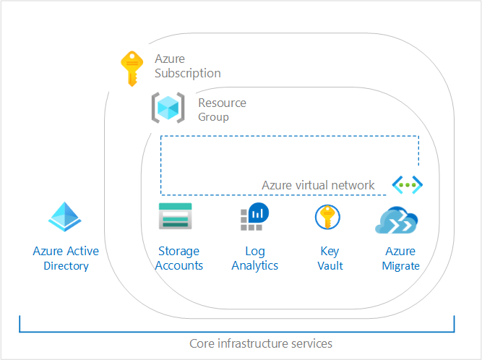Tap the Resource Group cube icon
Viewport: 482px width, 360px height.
[168, 108]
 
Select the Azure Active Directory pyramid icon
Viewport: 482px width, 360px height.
[66, 216]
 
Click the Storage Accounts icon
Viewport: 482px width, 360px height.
[175, 217]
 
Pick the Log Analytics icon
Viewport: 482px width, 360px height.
[254, 218]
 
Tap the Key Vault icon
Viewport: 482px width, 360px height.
[327, 218]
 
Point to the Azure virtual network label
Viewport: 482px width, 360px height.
[318, 186]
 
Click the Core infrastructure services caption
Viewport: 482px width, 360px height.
[261, 343]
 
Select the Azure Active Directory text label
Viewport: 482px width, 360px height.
[66, 259]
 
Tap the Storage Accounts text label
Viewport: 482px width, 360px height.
[180, 259]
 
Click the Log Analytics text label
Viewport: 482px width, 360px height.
[254, 259]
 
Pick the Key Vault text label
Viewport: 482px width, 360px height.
[330, 259]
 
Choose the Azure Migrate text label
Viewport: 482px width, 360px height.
[400, 259]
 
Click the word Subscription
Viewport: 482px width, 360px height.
[187, 73]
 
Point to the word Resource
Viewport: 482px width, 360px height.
[222, 103]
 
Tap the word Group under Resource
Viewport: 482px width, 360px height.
[213, 117]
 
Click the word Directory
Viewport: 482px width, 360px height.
[66, 266]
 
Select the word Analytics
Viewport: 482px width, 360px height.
[254, 266]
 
